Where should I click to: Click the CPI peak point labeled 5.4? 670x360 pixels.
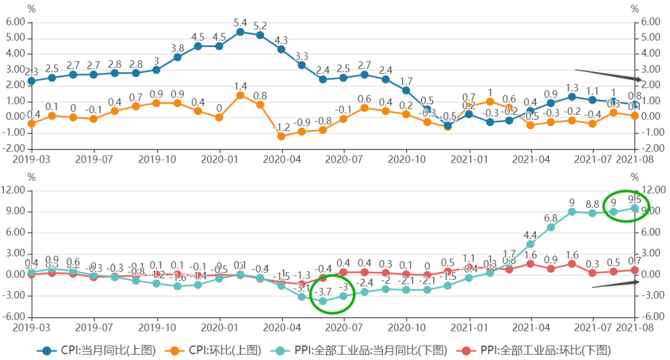[240, 32]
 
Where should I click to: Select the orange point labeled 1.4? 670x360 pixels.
[240, 95]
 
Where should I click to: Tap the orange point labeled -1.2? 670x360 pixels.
[281, 136]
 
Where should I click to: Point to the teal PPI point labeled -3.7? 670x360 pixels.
[323, 301]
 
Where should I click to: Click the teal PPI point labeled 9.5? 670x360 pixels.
[635, 208]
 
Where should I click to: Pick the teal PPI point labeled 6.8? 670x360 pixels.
[551, 227]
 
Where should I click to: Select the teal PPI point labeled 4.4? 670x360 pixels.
[530, 244]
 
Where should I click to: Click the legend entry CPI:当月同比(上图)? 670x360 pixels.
[96, 351]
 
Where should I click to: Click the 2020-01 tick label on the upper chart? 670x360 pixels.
[220, 159]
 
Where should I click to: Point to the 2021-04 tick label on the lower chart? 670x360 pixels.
[532, 326]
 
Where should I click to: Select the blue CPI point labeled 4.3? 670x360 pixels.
[281, 49]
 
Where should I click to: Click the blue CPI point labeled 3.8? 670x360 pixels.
[177, 57]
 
